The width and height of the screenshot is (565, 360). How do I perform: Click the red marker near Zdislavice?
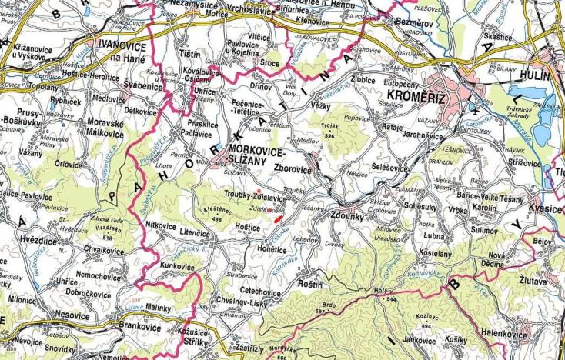click(x=276, y=217)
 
